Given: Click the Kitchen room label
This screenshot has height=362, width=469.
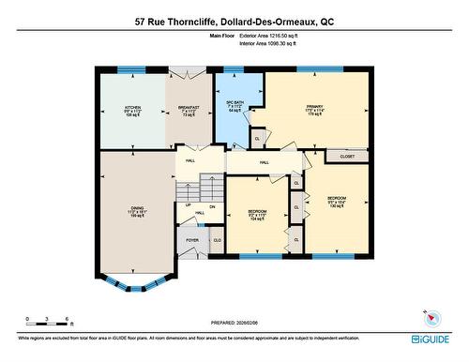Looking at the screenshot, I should pos(132,112).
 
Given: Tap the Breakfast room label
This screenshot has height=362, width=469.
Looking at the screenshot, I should pos(189,112).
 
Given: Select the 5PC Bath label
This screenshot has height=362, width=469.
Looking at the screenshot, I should pos(235,107).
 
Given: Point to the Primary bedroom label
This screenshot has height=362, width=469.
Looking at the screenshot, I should pos(315,112).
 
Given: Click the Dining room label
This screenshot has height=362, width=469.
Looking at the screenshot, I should pos(137,212).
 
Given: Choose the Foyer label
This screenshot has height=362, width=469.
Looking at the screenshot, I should pos(192,240).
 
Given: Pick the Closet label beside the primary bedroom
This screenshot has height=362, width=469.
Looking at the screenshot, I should pos(347,158).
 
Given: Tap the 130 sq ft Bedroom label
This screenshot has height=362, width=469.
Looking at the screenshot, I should pos(337,202).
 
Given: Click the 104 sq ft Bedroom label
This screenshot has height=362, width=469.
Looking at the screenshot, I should pos(257,214).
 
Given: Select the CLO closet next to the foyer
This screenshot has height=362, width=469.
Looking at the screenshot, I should pos(217,241).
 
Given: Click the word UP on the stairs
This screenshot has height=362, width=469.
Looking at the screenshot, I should pos(189,205).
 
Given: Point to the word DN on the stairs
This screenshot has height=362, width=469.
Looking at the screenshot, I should pos(212,205).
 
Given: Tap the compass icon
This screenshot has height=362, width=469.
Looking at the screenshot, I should pos(429,317).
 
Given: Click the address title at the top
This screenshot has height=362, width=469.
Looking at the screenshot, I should pos(234,20).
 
